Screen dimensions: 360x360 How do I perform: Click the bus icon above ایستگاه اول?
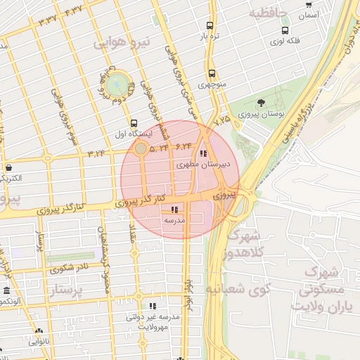(x=134, y=122)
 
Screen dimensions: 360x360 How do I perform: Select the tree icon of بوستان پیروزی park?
(x=262, y=103)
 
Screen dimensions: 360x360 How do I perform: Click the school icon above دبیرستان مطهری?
(x=203, y=154)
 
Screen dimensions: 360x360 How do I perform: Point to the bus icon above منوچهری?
(x=211, y=73)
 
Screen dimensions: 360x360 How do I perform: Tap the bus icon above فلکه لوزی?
(x=285, y=31)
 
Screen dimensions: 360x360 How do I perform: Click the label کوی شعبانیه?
(x=235, y=288)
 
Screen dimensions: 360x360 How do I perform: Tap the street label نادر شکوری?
(x=68, y=268)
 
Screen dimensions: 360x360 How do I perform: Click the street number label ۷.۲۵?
(x=222, y=121)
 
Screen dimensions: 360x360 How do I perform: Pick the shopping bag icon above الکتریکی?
(x=8, y=167)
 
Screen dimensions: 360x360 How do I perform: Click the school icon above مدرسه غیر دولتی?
(x=153, y=306)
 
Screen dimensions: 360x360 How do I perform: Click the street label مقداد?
(x=131, y=235)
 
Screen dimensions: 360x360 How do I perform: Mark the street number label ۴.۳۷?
(x=73, y=11)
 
